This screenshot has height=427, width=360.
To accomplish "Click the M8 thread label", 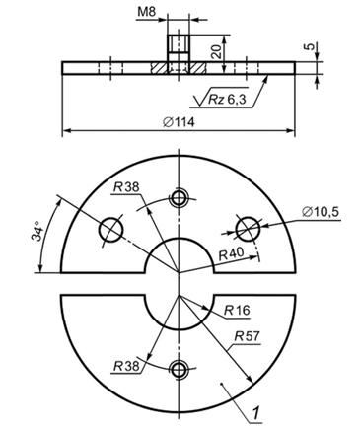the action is [146, 12].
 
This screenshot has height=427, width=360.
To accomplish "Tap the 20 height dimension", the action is [215, 51].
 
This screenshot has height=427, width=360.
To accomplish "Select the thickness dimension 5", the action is [308, 46].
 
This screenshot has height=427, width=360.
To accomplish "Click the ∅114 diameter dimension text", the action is [179, 122].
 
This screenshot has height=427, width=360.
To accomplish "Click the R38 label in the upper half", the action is [126, 187].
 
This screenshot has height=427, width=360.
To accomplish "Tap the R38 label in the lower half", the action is [126, 366].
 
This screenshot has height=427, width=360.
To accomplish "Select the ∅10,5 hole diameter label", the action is [321, 212].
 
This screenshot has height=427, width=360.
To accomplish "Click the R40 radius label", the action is [231, 253].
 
